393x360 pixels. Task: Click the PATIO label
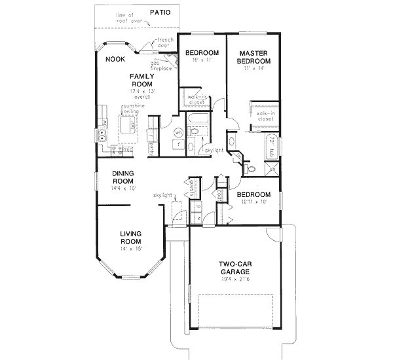coord(161,12)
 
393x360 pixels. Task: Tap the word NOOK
coord(116,58)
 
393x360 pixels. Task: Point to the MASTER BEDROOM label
coord(255,57)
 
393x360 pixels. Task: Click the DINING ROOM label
coord(123,177)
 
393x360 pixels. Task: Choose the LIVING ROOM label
coord(131,236)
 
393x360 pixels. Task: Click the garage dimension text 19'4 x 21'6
coord(235,279)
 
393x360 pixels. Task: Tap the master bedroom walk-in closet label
coord(265,116)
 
